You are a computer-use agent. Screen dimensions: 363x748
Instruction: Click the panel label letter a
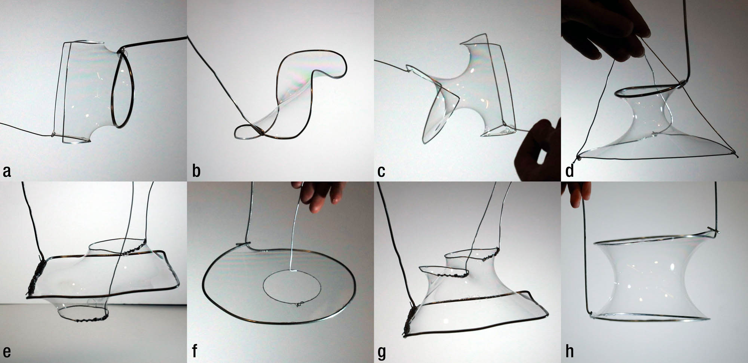(7, 172)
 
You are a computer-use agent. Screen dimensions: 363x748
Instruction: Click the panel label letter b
(196, 171)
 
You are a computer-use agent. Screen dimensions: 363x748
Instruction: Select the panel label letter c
(381, 172)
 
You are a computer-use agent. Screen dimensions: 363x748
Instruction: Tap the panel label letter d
(570, 171)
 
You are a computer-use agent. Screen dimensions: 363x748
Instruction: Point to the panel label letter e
(7, 352)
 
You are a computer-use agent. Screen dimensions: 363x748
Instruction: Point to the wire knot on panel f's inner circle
(299, 305)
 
